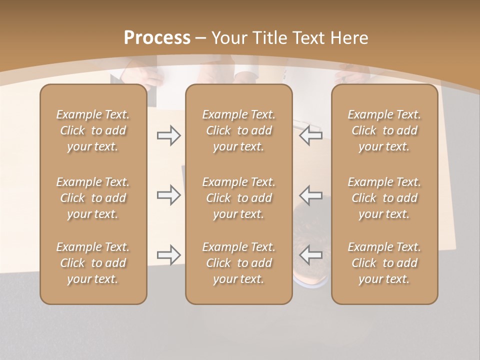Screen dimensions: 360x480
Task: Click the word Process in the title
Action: pyautogui.click(x=157, y=37)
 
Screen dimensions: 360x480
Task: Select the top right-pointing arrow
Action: pyautogui.click(x=168, y=135)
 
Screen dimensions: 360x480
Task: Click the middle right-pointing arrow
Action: pyautogui.click(x=168, y=195)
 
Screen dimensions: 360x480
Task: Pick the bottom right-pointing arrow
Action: pyautogui.click(x=168, y=255)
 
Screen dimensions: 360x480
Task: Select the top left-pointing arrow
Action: pyautogui.click(x=310, y=135)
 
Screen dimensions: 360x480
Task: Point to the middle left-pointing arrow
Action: pyautogui.click(x=310, y=195)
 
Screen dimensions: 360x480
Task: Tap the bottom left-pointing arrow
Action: pyautogui.click(x=310, y=255)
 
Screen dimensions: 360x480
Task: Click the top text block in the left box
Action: pyautogui.click(x=93, y=130)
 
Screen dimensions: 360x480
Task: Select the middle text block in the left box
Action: pyautogui.click(x=93, y=198)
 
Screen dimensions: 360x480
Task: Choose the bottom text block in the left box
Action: pyautogui.click(x=93, y=263)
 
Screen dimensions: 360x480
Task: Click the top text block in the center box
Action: pyautogui.click(x=239, y=130)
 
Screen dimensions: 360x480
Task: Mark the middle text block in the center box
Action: pyautogui.click(x=239, y=198)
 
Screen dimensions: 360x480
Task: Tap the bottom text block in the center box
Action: pyautogui.click(x=239, y=263)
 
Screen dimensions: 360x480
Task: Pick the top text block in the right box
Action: pyautogui.click(x=384, y=130)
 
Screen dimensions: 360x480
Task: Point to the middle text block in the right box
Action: pyautogui.click(x=384, y=198)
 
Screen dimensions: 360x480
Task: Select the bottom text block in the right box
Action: pyautogui.click(x=384, y=263)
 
